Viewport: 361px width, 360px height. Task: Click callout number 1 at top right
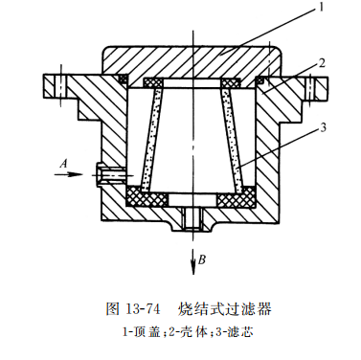pos(324,9)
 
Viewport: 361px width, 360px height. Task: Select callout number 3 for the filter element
pos(328,127)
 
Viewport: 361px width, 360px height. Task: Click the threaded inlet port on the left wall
pos(107,174)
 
